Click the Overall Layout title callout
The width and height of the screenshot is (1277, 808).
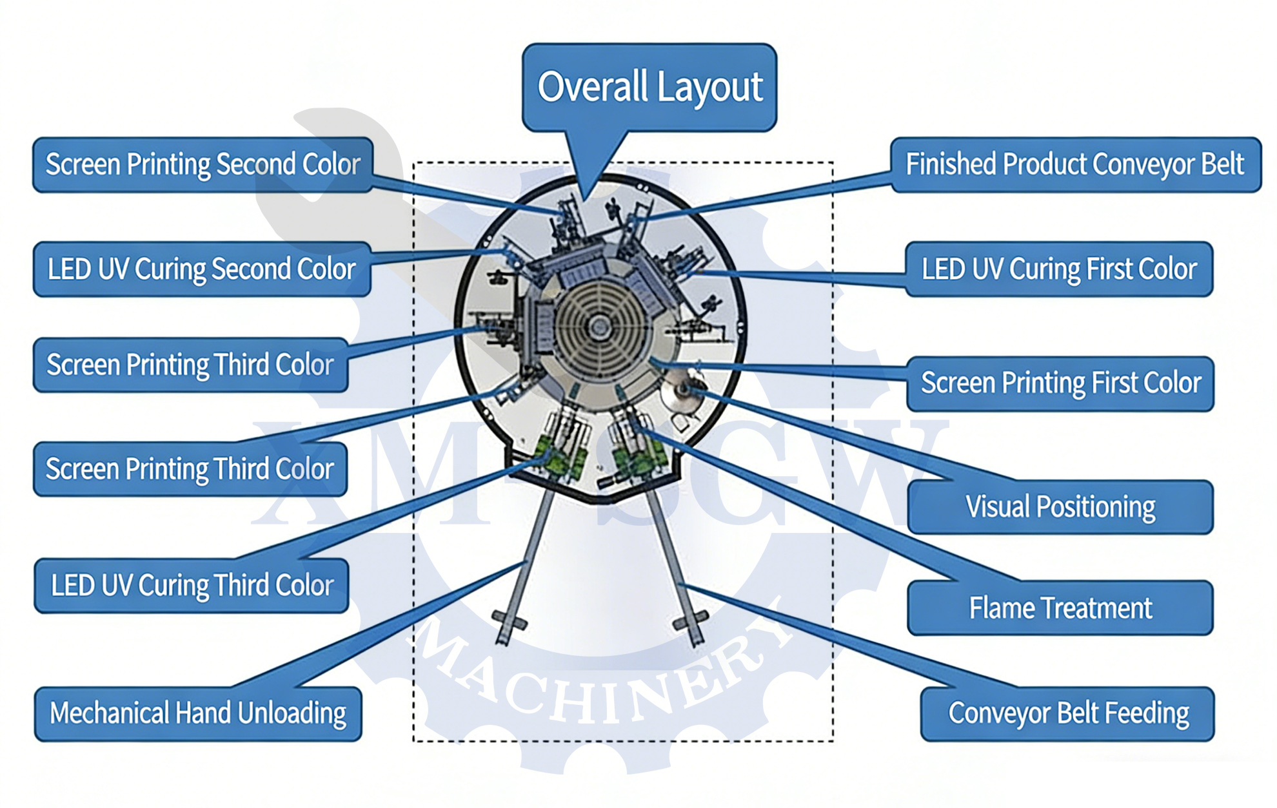(x=649, y=87)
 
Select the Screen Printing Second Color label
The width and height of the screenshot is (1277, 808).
(x=203, y=165)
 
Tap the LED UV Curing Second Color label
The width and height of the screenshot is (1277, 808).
(x=201, y=269)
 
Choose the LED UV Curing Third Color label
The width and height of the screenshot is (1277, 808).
(x=192, y=586)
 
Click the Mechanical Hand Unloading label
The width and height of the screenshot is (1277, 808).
(x=197, y=714)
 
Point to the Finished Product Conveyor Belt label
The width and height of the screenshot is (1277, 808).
(x=1075, y=164)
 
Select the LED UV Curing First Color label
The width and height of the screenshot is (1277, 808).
(x=1058, y=269)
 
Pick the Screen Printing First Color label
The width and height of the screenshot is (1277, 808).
(x=1060, y=383)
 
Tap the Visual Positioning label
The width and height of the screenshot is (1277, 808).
(x=1060, y=507)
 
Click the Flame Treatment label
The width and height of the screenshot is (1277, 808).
(x=1060, y=608)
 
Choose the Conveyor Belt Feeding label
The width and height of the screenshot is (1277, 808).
(x=1067, y=714)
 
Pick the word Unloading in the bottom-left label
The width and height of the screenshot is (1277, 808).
(x=292, y=714)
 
